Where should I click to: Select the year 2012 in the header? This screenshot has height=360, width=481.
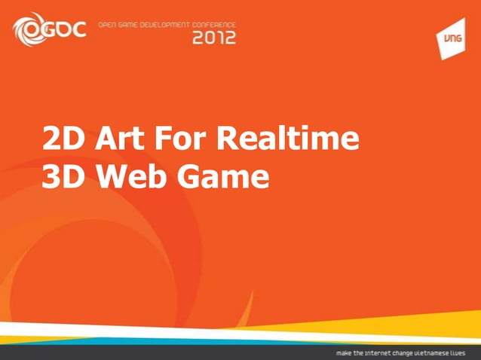click(213, 38)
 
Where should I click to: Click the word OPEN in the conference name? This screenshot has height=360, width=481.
click(110, 25)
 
